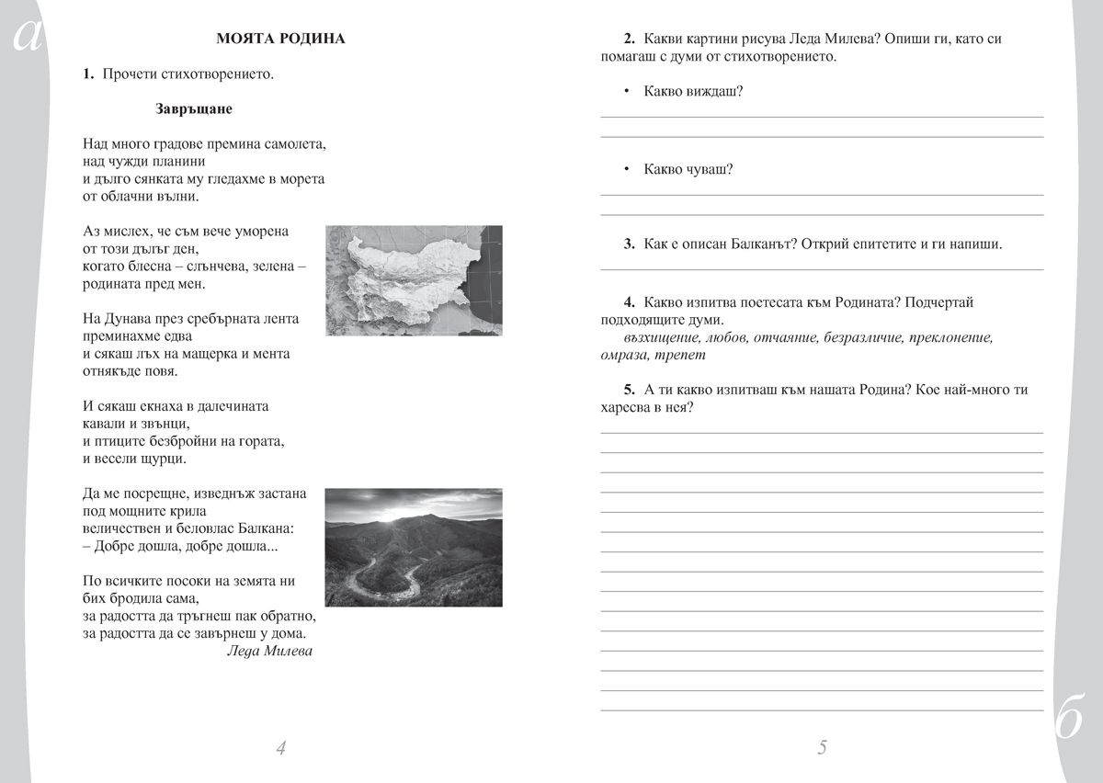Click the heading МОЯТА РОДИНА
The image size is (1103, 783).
[280, 39]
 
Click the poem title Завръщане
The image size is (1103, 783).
[194, 109]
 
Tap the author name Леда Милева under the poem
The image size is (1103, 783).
[268, 652]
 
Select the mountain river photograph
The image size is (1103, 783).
[414, 548]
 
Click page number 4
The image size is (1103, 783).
[280, 748]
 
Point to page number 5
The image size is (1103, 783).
[822, 748]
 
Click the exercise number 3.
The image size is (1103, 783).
[629, 244]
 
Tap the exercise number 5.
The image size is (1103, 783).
[629, 390]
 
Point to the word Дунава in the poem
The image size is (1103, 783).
[130, 319]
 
